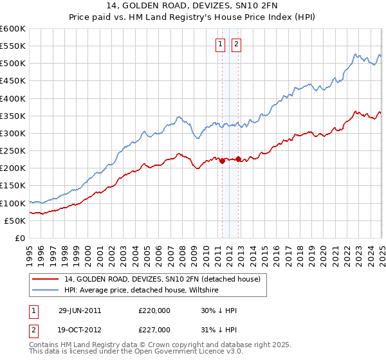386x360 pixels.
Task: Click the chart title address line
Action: (x=193, y=7)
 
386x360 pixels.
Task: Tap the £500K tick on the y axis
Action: (x=12, y=64)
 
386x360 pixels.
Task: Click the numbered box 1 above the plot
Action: (x=221, y=44)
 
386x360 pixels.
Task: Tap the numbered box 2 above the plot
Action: (x=236, y=44)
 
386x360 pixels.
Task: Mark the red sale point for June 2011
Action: (x=222, y=161)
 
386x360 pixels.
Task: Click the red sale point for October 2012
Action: (x=238, y=159)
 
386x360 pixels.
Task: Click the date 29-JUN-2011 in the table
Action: (x=80, y=310)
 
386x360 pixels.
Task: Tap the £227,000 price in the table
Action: (x=154, y=330)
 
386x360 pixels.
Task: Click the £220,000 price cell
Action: (x=154, y=310)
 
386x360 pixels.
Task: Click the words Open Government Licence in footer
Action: (x=176, y=353)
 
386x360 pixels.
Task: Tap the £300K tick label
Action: (x=12, y=134)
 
